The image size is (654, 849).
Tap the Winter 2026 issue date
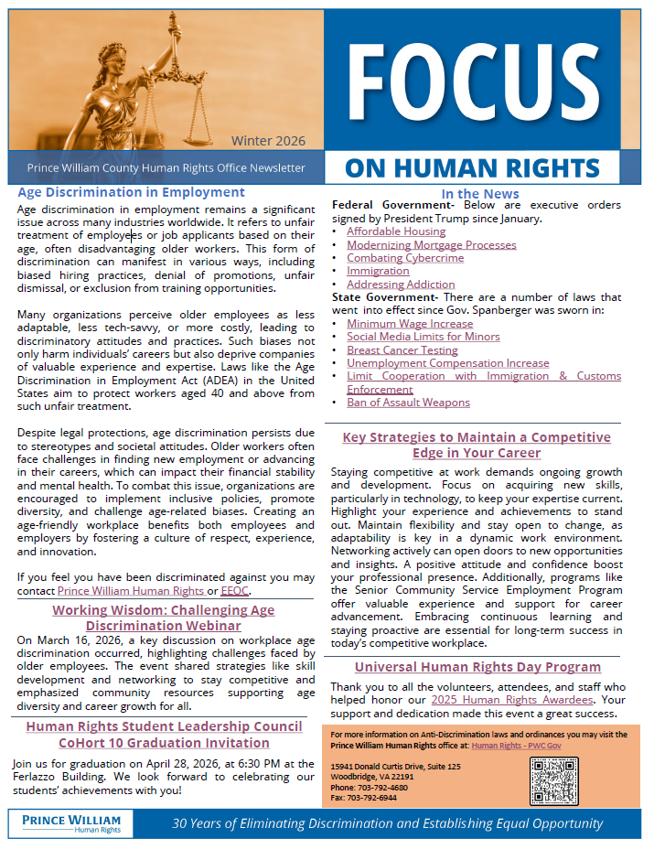coord(268,141)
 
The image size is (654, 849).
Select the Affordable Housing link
coord(395,231)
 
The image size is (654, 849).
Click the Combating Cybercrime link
coord(404,258)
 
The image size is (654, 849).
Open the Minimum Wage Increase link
coord(410,323)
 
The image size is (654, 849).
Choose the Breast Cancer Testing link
coord(402,349)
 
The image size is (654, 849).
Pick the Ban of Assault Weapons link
coord(408,402)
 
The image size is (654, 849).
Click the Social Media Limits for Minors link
coord(423,337)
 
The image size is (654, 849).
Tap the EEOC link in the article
coord(235,591)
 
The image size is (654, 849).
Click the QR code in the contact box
coord(554,779)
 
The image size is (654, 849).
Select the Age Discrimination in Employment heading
coord(132,192)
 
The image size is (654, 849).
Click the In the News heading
coord(479,193)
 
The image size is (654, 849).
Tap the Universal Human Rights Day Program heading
coord(477,667)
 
